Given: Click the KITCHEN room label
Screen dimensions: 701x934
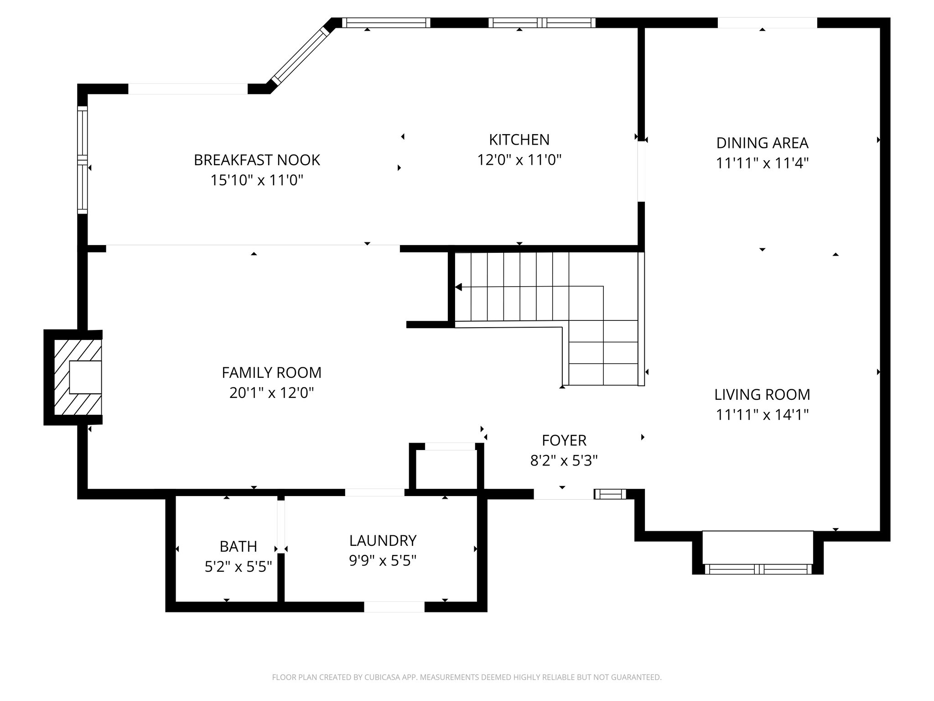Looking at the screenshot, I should click(519, 140).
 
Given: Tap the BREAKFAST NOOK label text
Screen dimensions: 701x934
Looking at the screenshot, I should click(257, 160).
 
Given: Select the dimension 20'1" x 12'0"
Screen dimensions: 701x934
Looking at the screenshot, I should click(271, 393).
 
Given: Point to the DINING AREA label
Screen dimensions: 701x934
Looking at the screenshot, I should click(762, 143).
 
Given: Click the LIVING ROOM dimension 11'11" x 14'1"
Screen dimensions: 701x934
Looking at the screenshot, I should click(762, 415).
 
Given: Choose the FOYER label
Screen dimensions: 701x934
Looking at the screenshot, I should click(564, 440).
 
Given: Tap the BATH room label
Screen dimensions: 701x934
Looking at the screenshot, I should click(238, 546).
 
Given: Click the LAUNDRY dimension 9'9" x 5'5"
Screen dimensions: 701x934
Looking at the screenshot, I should click(383, 560).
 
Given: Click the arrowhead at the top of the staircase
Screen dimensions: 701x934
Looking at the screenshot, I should click(459, 287).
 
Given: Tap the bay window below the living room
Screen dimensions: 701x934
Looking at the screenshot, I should click(758, 569).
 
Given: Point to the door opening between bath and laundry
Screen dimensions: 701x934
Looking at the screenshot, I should click(281, 526).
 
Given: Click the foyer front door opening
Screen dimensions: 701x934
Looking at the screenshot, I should click(563, 494).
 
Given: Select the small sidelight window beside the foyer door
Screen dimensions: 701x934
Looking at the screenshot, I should click(610, 494).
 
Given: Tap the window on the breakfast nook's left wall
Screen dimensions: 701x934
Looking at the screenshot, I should click(82, 160).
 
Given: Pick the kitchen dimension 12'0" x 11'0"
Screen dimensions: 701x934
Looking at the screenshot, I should click(519, 160).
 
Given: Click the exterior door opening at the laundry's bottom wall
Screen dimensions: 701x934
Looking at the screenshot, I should click(394, 607).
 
